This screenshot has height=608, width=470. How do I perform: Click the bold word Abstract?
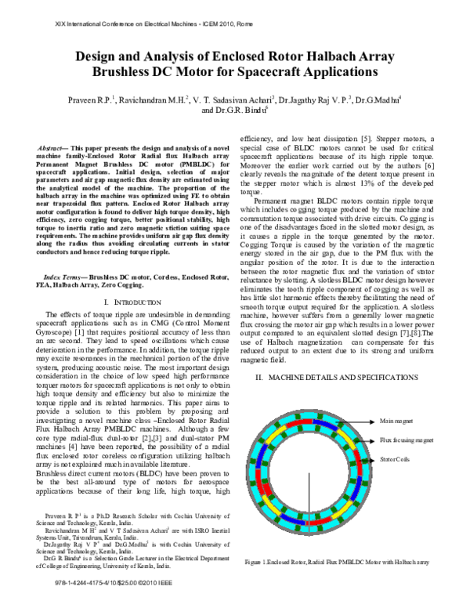pyautogui.click(x=54, y=147)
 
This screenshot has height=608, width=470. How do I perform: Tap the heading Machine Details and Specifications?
pyautogui.click(x=338, y=378)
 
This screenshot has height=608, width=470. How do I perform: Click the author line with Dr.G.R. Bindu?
pyautogui.click(x=234, y=110)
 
